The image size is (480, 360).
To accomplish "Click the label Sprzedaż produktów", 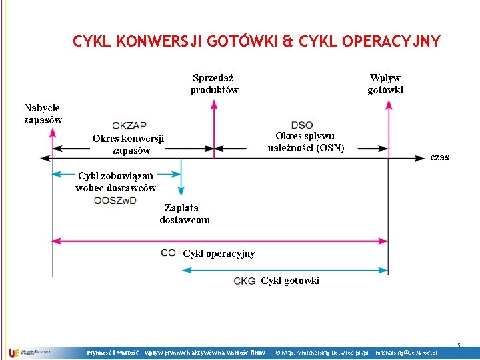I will pyautogui.click(x=213, y=84).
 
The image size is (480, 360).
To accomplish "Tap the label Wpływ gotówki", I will pyautogui.click(x=385, y=84).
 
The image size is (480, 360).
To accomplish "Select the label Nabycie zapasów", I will pyautogui.click(x=42, y=114).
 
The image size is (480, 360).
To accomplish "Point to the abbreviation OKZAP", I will pyautogui.click(x=129, y=125).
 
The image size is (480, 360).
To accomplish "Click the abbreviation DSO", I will pyautogui.click(x=302, y=125).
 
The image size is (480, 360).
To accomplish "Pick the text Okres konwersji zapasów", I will pyautogui.click(x=128, y=145).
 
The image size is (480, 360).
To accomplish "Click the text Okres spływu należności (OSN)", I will pyautogui.click(x=306, y=142).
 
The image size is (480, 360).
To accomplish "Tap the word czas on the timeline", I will pyautogui.click(x=439, y=158).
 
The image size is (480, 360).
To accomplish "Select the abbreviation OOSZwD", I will pyautogui.click(x=116, y=200).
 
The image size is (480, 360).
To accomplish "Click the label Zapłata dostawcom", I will pyautogui.click(x=185, y=214).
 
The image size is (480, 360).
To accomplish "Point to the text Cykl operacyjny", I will pyautogui.click(x=219, y=253).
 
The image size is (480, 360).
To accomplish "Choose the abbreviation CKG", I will pyautogui.click(x=245, y=281).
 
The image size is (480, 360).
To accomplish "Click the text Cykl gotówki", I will pyautogui.click(x=290, y=281).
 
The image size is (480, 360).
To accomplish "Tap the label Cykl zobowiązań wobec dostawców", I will pyautogui.click(x=116, y=182).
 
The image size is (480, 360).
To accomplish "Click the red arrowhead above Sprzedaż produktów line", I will pyautogui.click(x=213, y=103).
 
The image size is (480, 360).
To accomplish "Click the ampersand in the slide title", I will pyautogui.click(x=287, y=42).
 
